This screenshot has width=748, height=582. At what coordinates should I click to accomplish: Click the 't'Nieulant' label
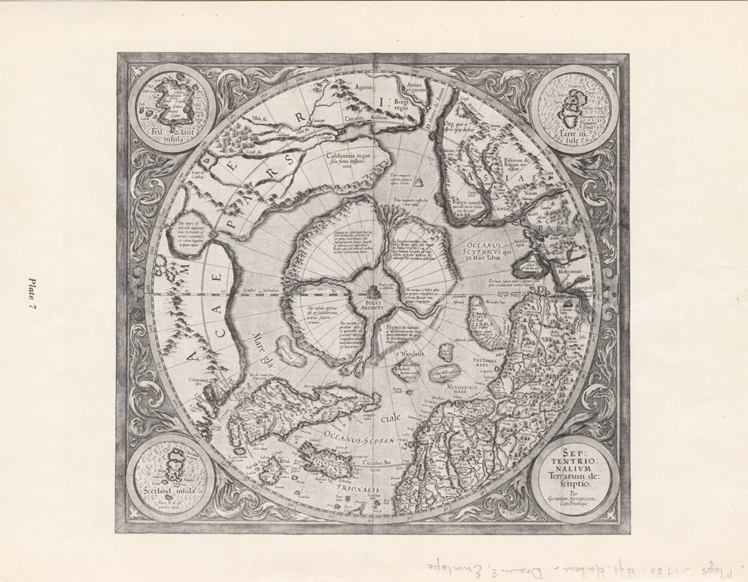(x=411, y=354)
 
